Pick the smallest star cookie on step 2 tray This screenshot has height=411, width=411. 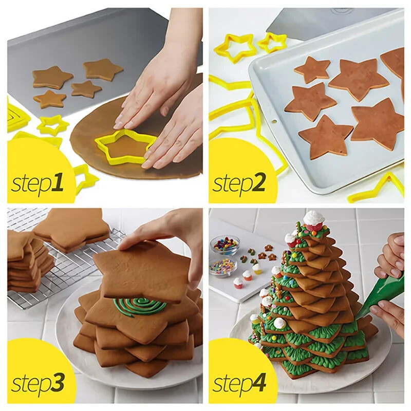(x=312, y=69)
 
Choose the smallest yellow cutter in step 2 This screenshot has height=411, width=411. (x=272, y=42)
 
